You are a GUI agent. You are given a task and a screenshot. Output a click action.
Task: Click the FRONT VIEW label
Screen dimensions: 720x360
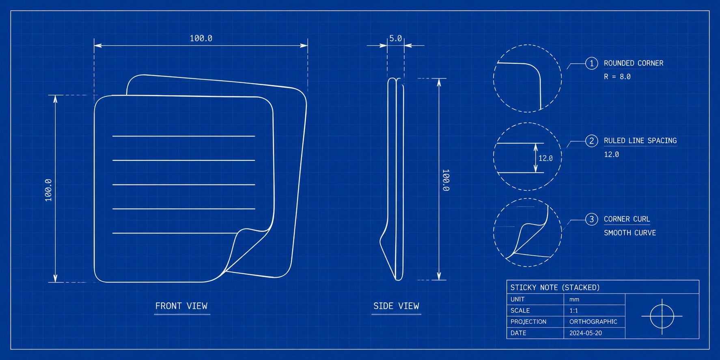point(181,306)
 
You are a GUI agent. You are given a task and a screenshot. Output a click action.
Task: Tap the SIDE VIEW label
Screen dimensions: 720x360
point(396,306)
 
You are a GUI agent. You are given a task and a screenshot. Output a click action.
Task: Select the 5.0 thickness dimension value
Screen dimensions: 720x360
point(396,38)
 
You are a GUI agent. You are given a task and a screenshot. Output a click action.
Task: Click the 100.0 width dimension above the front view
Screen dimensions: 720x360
point(201,38)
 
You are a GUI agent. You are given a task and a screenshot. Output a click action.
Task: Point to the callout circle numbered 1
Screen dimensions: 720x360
point(591,63)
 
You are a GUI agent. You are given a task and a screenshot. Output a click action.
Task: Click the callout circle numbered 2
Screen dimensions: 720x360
point(591,141)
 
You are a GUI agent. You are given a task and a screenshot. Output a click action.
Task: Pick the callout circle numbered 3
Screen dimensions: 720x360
point(591,219)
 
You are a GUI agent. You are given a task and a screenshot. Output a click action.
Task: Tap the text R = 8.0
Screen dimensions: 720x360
point(617,77)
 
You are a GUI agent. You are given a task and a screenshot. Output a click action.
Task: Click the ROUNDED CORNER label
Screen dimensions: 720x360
point(634,63)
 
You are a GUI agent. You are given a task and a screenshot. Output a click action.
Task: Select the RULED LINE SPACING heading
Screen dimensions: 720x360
point(640,141)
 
